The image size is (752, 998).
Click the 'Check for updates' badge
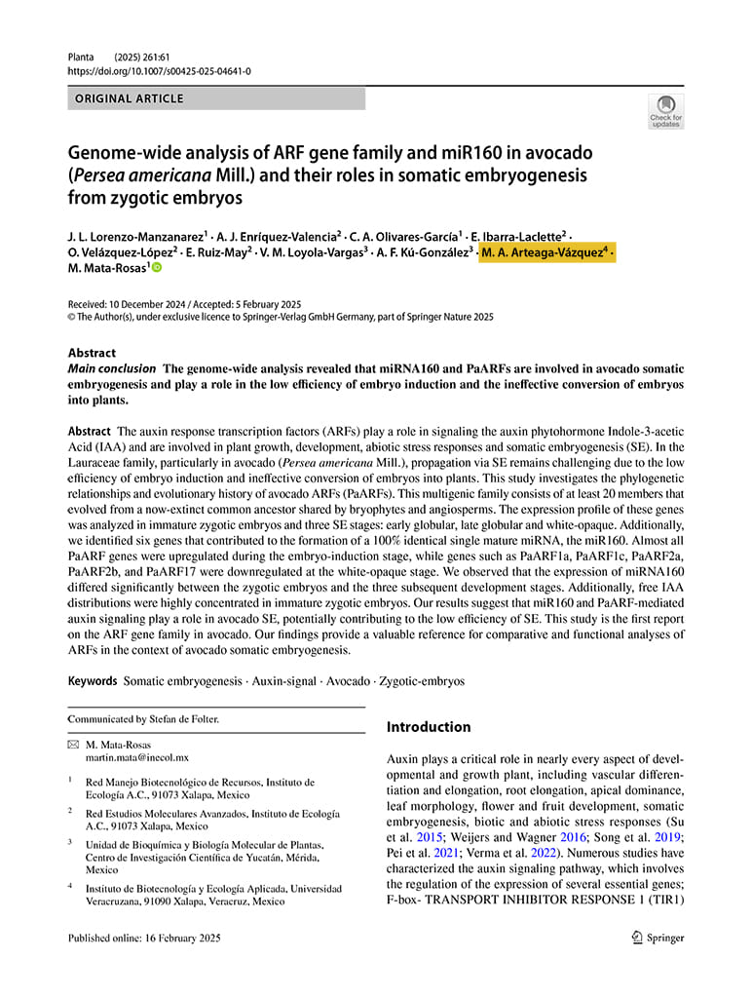666,111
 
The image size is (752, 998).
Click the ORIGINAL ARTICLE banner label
130,98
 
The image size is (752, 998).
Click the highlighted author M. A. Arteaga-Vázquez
545,252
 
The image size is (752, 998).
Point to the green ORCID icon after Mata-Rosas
156,268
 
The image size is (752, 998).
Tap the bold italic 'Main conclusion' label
111,369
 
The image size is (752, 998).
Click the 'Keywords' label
93,681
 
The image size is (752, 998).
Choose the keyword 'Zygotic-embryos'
422,681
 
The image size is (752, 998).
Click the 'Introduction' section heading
429,727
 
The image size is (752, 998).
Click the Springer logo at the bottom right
658,938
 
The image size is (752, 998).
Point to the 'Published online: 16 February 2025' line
144,939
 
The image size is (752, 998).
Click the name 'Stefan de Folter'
181,719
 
